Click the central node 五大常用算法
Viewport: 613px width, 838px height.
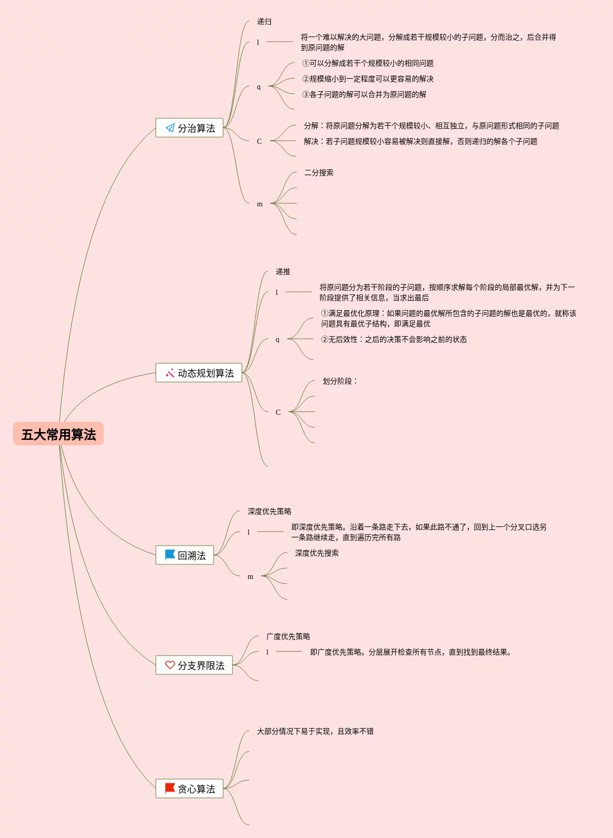point(58,434)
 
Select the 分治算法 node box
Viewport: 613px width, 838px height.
point(189,128)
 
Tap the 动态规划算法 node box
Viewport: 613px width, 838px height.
point(199,373)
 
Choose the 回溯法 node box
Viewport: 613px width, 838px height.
point(185,556)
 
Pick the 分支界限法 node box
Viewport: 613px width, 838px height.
point(194,666)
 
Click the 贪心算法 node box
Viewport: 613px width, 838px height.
point(189,789)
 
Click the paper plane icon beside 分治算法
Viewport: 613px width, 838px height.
point(170,128)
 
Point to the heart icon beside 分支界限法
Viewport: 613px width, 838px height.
point(170,665)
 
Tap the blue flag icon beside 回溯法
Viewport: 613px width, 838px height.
point(170,555)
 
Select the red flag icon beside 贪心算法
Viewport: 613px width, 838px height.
point(170,788)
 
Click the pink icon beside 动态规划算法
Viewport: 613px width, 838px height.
point(170,373)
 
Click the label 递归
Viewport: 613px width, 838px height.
point(264,22)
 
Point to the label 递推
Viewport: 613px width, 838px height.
point(283,272)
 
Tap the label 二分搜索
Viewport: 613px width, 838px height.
point(319,173)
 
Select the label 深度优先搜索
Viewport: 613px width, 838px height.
point(317,553)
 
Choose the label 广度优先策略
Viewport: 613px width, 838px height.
point(288,637)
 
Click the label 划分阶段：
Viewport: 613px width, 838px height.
point(340,381)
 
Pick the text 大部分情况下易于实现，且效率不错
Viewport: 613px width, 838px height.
point(315,732)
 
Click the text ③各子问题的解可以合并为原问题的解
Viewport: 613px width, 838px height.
point(364,95)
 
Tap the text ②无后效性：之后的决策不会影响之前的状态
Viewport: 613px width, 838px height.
point(394,340)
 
